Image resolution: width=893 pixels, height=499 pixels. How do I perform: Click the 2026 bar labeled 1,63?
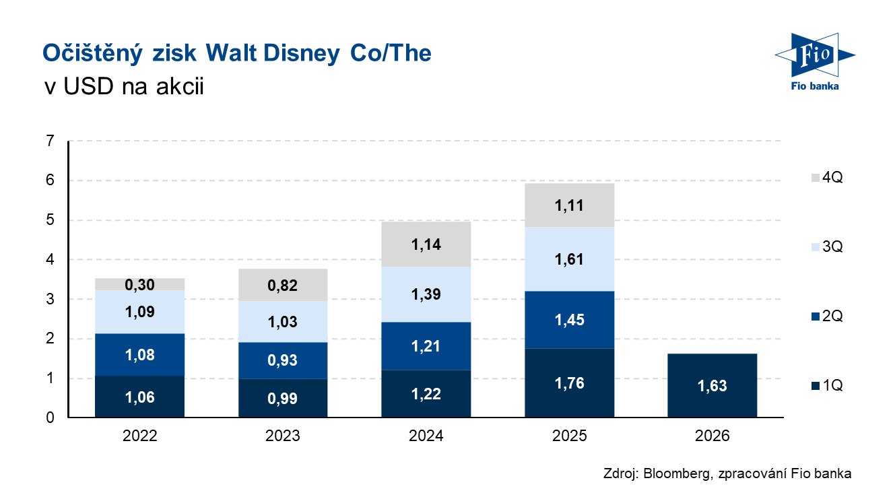tap(712, 386)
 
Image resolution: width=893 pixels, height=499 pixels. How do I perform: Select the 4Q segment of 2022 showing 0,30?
tap(140, 284)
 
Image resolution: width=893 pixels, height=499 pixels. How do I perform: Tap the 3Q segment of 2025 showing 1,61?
tap(569, 259)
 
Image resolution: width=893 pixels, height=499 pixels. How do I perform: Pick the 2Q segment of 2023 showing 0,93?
tap(283, 360)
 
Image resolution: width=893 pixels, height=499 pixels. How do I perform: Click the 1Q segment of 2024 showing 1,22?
tap(426, 394)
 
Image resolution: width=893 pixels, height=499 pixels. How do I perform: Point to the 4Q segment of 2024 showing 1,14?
tap(426, 244)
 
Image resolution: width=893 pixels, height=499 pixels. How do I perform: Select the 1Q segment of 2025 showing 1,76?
tap(569, 383)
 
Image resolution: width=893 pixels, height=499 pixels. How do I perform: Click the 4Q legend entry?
tap(827, 178)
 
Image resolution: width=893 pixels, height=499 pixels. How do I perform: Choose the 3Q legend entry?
tap(827, 247)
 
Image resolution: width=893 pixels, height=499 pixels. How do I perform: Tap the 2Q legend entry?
tap(827, 316)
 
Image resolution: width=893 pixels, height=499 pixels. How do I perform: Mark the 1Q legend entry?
tap(827, 386)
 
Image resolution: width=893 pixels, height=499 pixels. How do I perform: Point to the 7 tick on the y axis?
tap(50, 141)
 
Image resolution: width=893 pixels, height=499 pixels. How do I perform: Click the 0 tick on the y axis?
tap(50, 418)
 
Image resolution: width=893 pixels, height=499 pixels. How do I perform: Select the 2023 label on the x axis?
tap(283, 436)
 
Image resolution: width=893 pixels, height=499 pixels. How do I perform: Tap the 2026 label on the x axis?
tap(712, 436)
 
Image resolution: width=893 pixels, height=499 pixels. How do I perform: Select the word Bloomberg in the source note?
tap(675, 473)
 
